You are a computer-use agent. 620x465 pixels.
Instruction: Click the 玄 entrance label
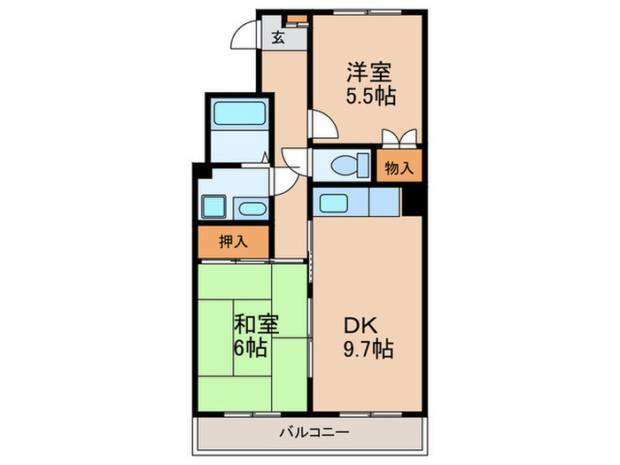pyautogui.click(x=278, y=37)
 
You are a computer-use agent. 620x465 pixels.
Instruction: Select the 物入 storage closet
pyautogui.click(x=398, y=167)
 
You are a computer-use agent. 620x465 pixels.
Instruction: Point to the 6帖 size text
pyautogui.click(x=250, y=347)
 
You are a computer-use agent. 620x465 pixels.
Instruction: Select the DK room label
pyautogui.click(x=362, y=324)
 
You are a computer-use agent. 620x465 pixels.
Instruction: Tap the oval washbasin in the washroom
pyautogui.click(x=252, y=208)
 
